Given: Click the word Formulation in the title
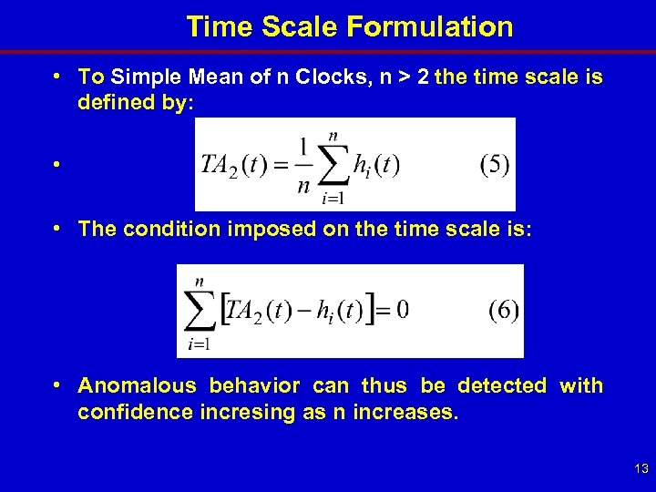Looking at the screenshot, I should coord(430,27).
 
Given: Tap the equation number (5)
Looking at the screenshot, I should coord(494,165).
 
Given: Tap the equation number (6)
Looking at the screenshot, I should coord(503,310).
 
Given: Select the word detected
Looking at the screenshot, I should coord(502,386).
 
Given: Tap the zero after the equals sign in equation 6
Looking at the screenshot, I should coord(402,310).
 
